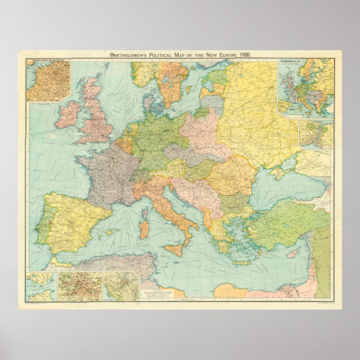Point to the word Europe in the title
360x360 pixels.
point(224,54)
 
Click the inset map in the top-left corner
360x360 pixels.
point(48,80)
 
